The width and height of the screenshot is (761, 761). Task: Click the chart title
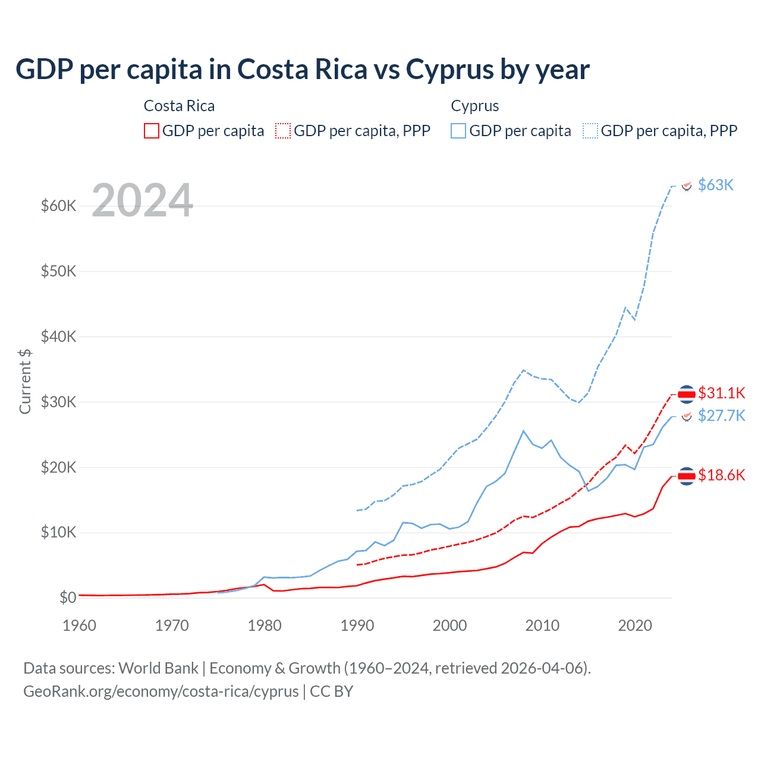[302, 70]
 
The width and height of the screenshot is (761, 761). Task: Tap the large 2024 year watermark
[143, 200]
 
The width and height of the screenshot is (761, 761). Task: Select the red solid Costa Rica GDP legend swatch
[152, 131]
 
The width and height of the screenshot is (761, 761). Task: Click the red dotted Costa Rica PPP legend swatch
[283, 131]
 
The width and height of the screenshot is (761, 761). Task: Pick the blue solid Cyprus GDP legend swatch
[458, 131]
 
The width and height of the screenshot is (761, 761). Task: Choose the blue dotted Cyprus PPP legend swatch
[590, 131]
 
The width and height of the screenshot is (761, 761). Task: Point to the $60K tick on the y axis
[59, 206]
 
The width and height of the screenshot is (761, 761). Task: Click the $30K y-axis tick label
[59, 402]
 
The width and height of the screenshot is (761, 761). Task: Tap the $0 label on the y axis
[68, 598]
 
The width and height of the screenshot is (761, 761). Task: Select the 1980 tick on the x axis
[265, 625]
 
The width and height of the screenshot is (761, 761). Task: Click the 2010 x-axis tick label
[542, 625]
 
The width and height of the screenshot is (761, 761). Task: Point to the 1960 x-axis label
[79, 625]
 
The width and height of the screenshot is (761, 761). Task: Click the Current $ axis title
[25, 382]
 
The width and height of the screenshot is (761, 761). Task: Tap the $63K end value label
[716, 185]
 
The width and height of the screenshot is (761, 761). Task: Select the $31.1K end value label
[721, 393]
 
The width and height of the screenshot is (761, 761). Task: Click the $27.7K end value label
[721, 415]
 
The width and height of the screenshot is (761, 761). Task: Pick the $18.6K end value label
[721, 474]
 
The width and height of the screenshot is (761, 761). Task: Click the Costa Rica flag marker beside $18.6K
[687, 476]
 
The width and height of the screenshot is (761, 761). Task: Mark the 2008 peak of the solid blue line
[523, 430]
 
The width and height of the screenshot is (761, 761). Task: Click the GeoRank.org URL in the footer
[161, 691]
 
